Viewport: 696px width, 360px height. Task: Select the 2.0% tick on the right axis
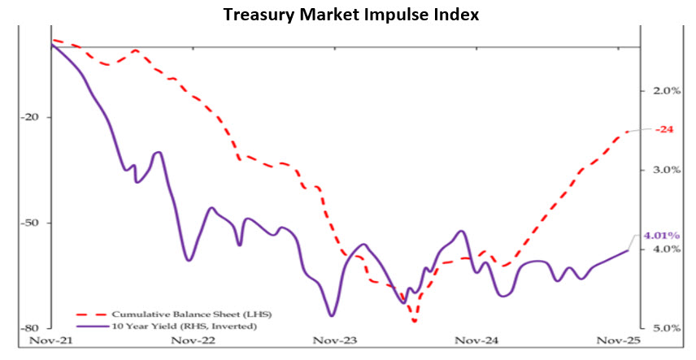(666, 91)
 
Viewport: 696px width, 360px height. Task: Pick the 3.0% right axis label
(666, 170)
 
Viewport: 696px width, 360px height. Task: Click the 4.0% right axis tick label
(666, 249)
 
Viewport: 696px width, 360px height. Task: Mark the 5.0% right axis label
(666, 327)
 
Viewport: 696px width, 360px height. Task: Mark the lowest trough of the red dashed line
(415, 322)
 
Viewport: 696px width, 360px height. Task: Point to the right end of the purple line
(629, 250)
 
